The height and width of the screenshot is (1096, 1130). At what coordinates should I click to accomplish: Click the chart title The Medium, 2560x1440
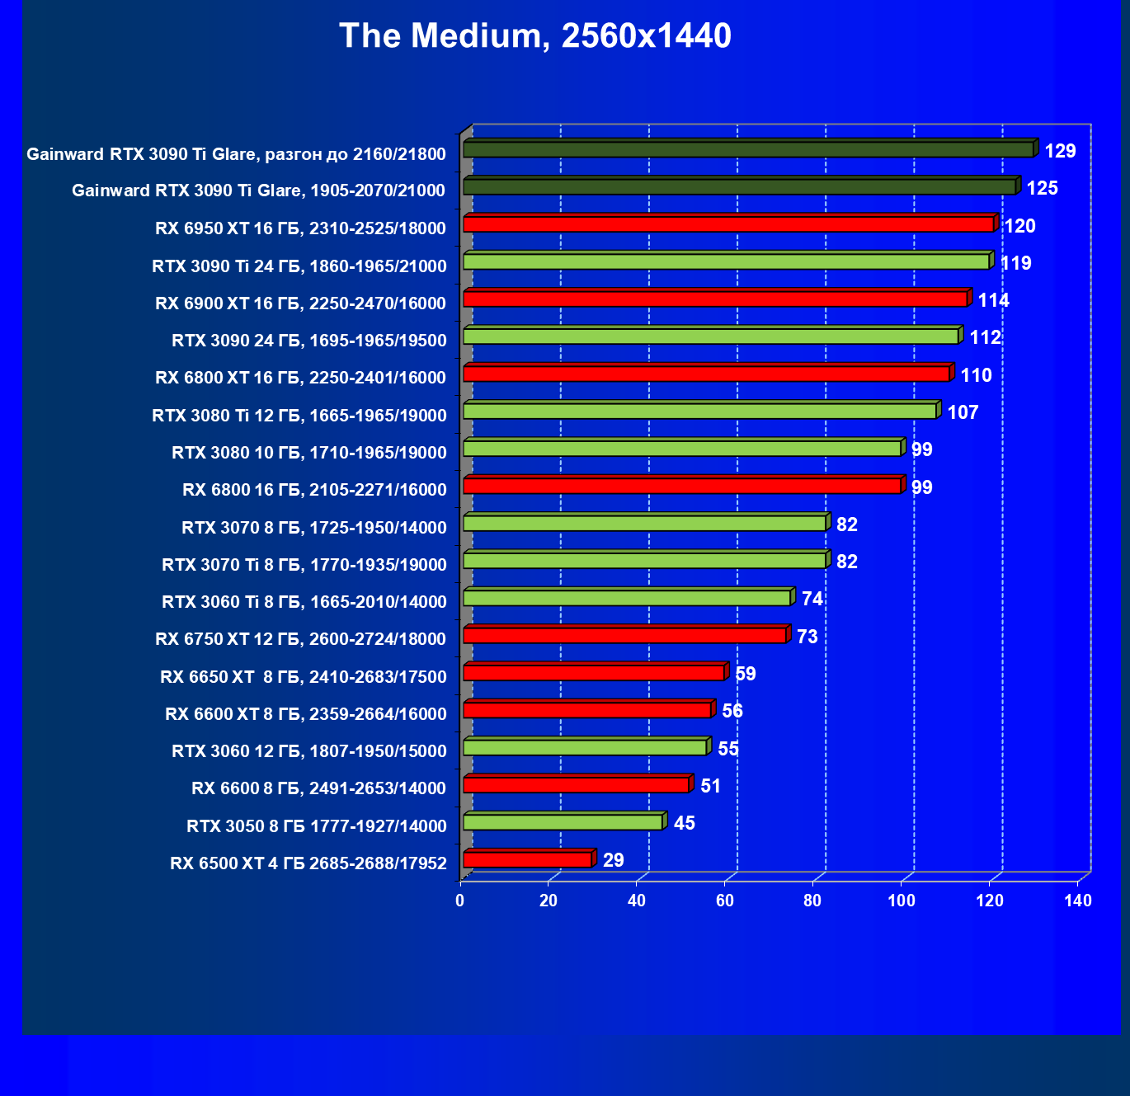tap(534, 36)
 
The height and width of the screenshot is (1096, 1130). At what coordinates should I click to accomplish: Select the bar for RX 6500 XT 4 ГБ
tap(528, 860)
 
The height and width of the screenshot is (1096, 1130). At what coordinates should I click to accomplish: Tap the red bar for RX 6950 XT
tap(728, 224)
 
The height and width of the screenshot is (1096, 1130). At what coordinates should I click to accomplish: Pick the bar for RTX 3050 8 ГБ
tap(563, 822)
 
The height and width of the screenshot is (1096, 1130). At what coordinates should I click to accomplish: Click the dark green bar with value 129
tap(748, 149)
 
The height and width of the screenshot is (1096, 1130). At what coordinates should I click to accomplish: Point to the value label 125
tap(1042, 188)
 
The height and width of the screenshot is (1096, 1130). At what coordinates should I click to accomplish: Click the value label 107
tap(963, 412)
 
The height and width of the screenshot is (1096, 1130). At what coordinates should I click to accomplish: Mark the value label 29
tap(613, 860)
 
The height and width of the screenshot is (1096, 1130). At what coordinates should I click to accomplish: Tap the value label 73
tap(807, 637)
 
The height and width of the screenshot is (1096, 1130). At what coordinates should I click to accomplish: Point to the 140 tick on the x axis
tap(1078, 901)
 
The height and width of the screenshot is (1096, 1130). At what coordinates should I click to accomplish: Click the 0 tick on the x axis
tap(460, 901)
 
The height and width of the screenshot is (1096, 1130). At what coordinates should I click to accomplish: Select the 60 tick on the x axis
tap(725, 901)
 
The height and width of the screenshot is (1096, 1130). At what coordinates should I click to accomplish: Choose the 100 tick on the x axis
tap(902, 901)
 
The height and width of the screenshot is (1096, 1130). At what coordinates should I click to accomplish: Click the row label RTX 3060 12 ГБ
tap(309, 751)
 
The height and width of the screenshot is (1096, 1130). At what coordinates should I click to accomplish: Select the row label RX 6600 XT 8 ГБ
tap(306, 714)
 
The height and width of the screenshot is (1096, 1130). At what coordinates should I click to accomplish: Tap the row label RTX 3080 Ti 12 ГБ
tap(299, 416)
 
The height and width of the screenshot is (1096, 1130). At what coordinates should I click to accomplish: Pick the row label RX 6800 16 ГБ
tap(314, 490)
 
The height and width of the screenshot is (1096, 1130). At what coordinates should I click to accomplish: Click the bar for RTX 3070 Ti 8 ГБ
tap(645, 561)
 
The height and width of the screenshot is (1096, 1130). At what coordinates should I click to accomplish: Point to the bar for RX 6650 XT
tap(594, 673)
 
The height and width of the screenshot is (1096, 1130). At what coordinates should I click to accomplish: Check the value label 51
tap(710, 786)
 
